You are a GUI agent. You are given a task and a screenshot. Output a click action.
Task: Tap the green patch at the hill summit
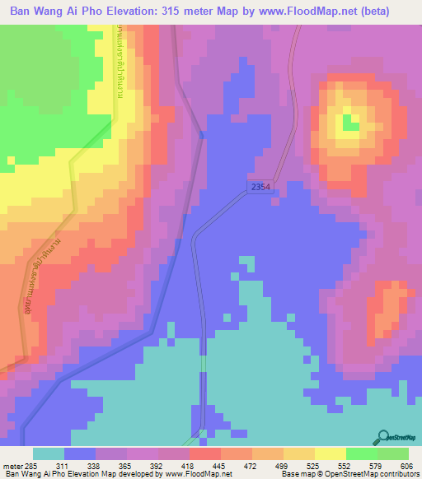click(x=351, y=123)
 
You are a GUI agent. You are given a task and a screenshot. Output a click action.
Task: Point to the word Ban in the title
click(x=21, y=12)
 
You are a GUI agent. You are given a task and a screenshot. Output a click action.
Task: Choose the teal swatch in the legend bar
click(x=49, y=453)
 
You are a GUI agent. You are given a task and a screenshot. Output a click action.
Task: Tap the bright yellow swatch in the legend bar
click(x=330, y=453)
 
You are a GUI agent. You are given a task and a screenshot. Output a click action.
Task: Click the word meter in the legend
click(x=12, y=465)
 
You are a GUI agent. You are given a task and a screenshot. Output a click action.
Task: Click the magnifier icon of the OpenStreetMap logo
click(x=384, y=436)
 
